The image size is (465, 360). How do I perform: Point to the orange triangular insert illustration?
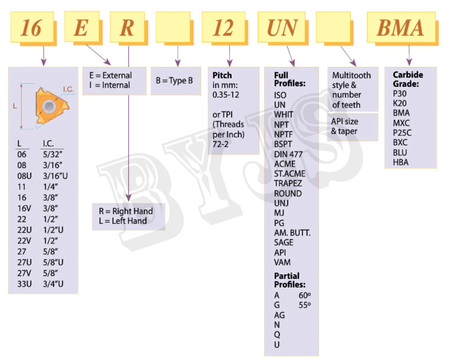pos(50,105)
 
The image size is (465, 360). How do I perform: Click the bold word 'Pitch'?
pos(222,75)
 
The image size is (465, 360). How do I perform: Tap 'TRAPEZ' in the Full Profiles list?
pos(288,183)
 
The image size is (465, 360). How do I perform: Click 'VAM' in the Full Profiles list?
pos(282,262)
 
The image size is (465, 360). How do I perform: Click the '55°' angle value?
pos(304,305)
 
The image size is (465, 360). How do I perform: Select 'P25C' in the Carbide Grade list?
pos(401,133)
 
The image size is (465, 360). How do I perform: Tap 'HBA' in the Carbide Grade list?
pos(401,162)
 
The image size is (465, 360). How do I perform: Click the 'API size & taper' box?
pos(352,126)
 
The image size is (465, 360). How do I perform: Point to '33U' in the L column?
pos(22,284)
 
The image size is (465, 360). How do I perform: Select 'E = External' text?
pos(110,75)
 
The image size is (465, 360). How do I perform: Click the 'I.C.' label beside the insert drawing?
pos(69,89)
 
